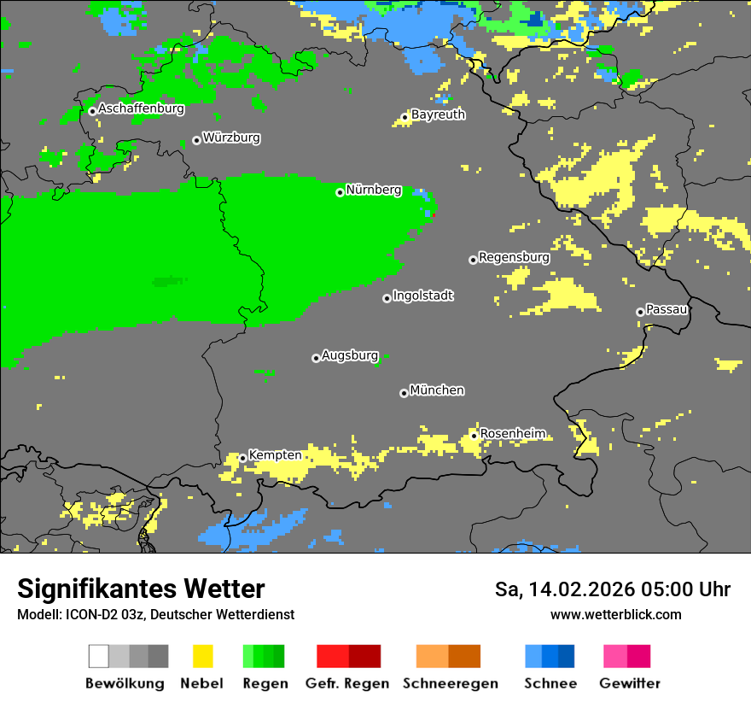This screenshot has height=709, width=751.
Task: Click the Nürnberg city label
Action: [x=374, y=190]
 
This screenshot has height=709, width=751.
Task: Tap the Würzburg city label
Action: [x=231, y=138]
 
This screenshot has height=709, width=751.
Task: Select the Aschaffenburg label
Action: [x=141, y=108]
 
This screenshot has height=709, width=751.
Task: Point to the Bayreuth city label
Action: [x=438, y=114]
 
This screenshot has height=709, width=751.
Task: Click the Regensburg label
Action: [x=514, y=257]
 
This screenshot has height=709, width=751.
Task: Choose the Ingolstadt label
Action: [x=423, y=296]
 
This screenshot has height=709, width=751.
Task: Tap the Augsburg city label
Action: [x=350, y=355]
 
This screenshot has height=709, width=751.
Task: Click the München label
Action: [x=437, y=390]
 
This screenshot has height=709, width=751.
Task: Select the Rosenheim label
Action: [x=513, y=433]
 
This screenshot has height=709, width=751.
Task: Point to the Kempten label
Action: [x=275, y=455]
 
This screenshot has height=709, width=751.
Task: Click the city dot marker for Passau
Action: [x=640, y=312]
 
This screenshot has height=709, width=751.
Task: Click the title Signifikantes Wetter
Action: [x=141, y=589]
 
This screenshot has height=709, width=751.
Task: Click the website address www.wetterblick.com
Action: [x=616, y=615]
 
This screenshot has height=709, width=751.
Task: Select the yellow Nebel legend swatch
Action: [x=202, y=656]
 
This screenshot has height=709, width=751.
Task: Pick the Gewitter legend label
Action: [x=630, y=683]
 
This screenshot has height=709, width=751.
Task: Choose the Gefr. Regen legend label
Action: [x=347, y=683]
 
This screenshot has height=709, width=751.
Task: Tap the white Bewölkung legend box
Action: [x=98, y=656]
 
